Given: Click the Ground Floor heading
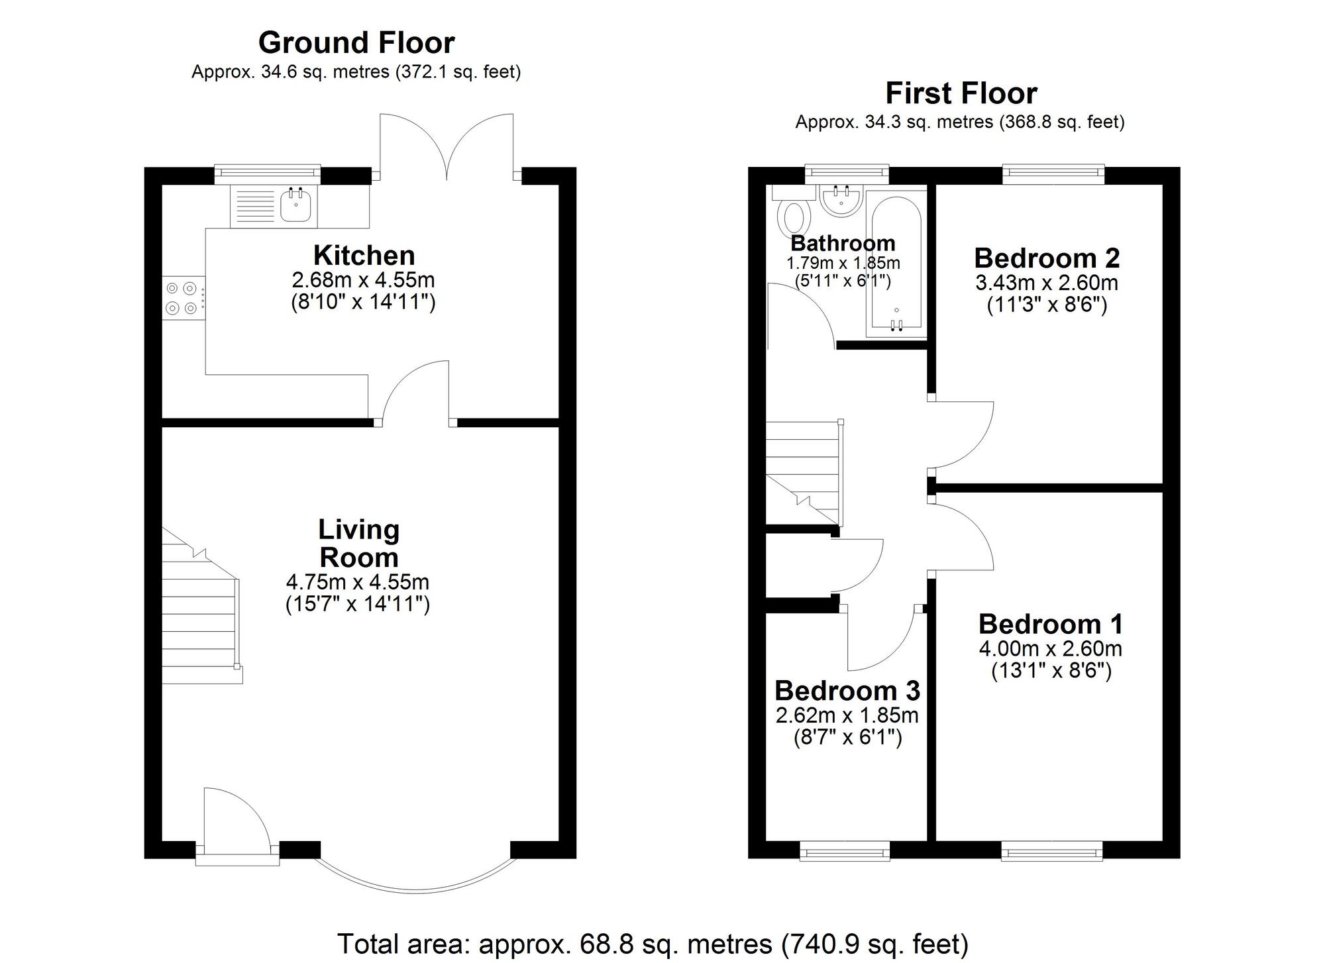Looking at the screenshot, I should pyautogui.click(x=356, y=43).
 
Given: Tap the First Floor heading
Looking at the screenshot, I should pyautogui.click(x=961, y=93).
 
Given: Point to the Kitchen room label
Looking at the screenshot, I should pyautogui.click(x=364, y=256).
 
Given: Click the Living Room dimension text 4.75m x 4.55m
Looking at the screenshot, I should pyautogui.click(x=358, y=582).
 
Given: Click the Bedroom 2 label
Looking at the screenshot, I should pyautogui.click(x=1047, y=258).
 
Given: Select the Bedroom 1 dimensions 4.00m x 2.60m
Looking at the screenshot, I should pyautogui.click(x=1051, y=648).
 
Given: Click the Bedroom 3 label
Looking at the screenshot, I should pyautogui.click(x=847, y=691).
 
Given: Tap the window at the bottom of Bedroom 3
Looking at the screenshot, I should pyautogui.click(x=844, y=853).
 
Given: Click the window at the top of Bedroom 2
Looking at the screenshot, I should pyautogui.click(x=1053, y=174).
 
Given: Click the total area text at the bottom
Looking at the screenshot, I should pyautogui.click(x=653, y=943).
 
